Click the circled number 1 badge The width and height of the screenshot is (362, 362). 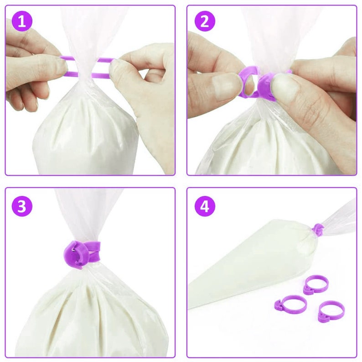21,21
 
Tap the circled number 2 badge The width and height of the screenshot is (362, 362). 204,21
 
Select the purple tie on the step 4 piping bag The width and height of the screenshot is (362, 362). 319,229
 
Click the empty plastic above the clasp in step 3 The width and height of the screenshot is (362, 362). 87,215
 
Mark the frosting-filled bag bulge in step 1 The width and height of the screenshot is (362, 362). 87,132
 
